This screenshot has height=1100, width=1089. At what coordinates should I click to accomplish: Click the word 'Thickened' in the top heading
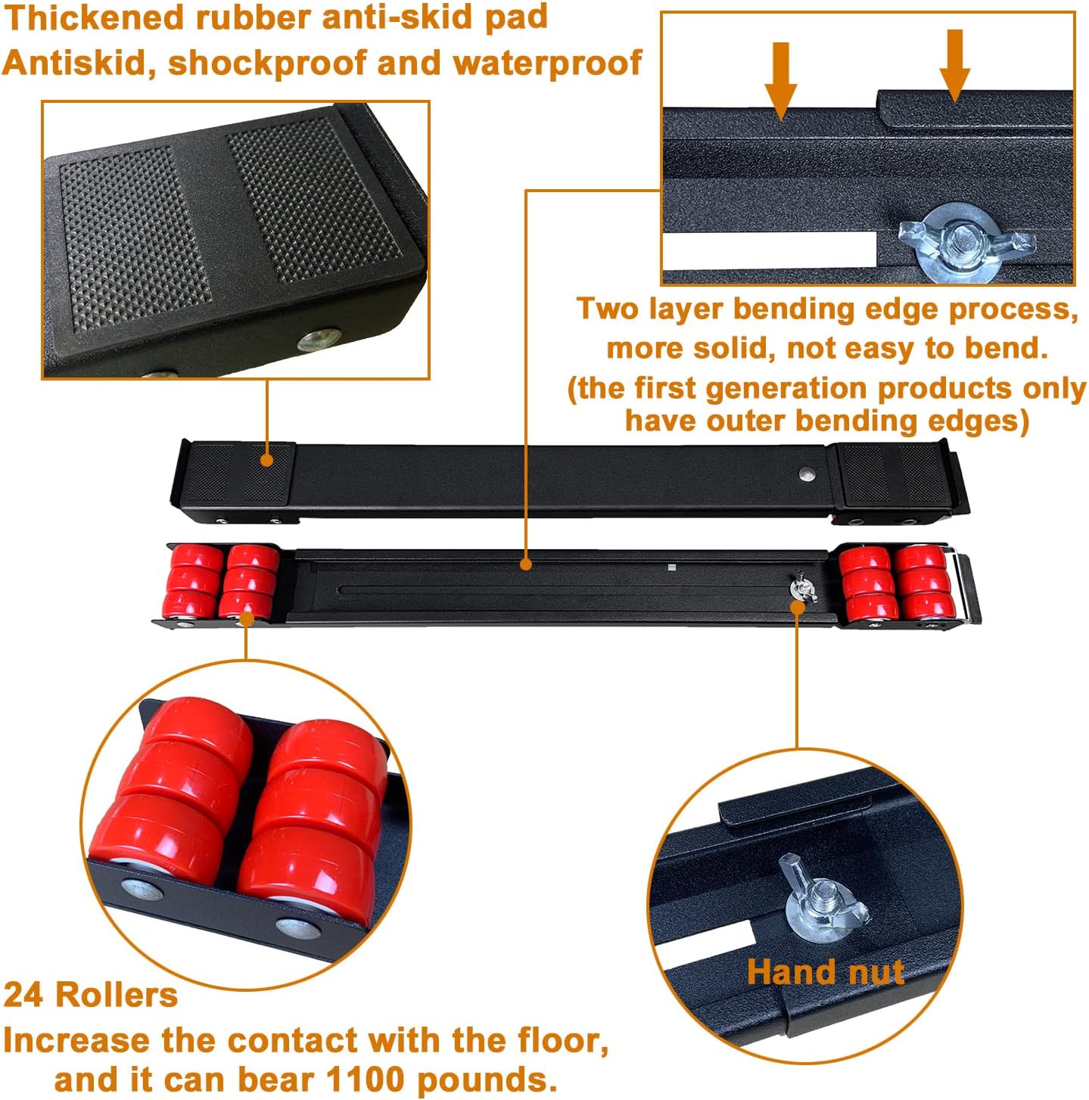coord(95,18)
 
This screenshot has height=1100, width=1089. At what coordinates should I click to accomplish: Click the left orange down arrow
coord(781,80)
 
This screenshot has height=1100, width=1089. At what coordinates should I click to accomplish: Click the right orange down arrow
coord(954,66)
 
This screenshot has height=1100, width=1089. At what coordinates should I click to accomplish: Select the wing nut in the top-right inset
coord(966,242)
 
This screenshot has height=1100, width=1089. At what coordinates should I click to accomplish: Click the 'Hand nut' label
coord(825,971)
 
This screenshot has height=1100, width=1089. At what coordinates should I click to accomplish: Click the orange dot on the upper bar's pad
coord(266,460)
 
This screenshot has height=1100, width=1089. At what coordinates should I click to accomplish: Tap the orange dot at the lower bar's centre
coord(526,564)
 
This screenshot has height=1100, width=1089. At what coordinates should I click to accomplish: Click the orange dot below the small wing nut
coord(798,607)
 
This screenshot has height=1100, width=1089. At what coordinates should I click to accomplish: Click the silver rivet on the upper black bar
coord(806,473)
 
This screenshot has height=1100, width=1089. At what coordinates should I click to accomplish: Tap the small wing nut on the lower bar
coord(801,588)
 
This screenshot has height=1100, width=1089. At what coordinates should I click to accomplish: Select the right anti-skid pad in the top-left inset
coord(314,200)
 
